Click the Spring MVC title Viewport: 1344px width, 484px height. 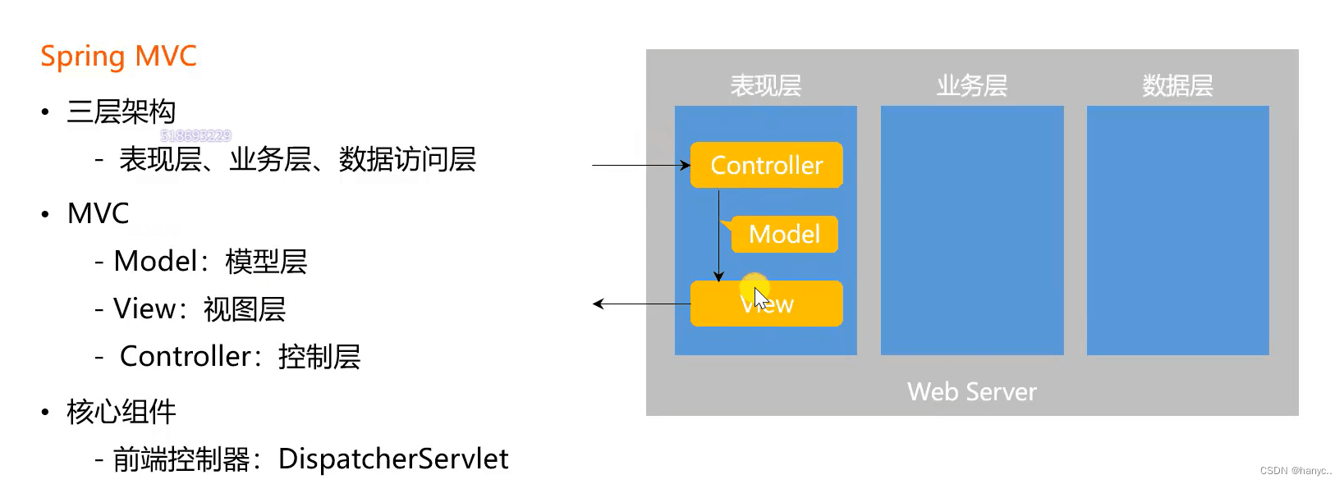click(118, 57)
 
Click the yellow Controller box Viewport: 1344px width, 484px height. click(766, 165)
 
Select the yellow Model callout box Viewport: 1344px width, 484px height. click(784, 235)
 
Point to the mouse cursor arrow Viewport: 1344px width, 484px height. click(760, 297)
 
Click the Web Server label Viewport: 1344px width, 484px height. click(971, 392)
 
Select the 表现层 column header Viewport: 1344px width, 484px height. click(765, 85)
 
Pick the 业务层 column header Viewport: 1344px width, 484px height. click(971, 85)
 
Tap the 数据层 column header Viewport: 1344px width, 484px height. click(1177, 85)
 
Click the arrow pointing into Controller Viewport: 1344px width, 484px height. click(640, 165)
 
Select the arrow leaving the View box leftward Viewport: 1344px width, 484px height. click(640, 304)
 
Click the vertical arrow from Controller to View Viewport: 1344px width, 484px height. click(718, 238)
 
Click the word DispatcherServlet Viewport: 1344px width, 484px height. click(393, 459)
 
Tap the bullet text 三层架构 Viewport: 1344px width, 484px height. click(122, 112)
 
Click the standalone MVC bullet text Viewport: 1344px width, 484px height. click(99, 213)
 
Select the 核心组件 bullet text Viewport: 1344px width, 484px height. click(122, 412)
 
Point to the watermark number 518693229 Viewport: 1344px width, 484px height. click(195, 135)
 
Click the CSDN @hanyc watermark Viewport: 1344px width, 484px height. click(1295, 471)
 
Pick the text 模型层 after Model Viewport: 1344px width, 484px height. click(266, 262)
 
